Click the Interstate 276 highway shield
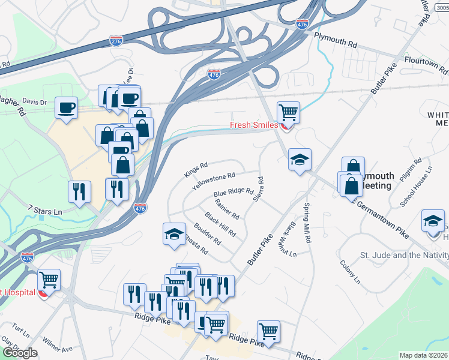[116, 40]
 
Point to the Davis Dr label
[34, 102]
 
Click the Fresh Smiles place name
[254, 125]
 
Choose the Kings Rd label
[196, 170]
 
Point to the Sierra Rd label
[259, 188]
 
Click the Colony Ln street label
[349, 271]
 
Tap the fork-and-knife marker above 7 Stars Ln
[79, 191]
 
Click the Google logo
[20, 353]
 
